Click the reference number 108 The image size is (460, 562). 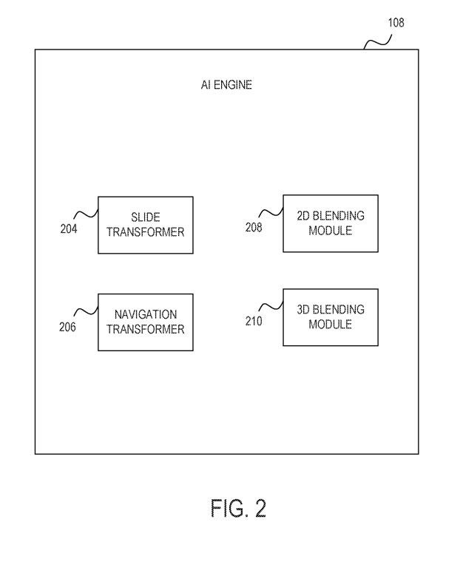396,22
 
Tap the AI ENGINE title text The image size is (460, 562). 226,85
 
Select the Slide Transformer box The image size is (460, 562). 146,225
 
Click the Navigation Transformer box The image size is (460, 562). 145,322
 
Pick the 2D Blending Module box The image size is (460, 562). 330,223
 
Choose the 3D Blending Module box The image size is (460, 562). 330,316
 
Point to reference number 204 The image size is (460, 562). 68,228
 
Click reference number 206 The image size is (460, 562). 67,328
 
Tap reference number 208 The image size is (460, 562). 254,228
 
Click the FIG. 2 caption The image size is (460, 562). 237,509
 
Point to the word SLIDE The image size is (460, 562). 146,217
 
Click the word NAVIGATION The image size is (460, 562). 146,314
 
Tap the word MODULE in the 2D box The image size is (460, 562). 330,231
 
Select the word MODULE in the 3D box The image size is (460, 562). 330,325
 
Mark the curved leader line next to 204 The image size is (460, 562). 87,212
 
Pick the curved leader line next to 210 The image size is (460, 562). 272,305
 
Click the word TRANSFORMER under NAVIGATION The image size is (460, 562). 146,329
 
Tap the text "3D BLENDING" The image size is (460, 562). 330,309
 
